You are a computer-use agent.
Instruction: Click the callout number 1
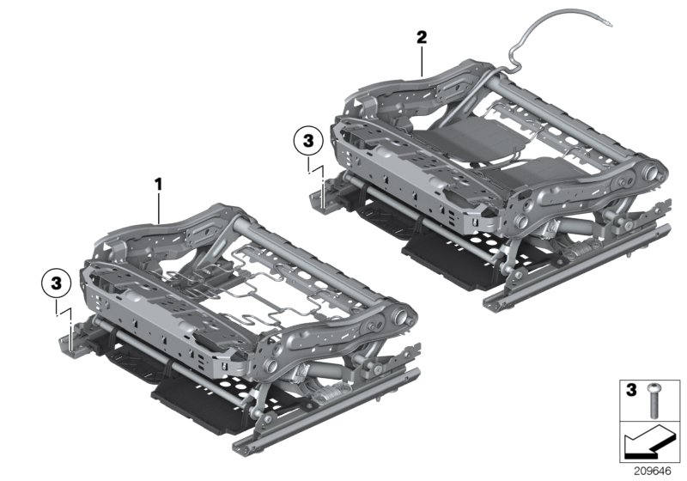click(157, 183)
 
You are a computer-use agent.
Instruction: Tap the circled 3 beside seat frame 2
click(308, 139)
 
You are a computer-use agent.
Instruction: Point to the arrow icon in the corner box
click(649, 444)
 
